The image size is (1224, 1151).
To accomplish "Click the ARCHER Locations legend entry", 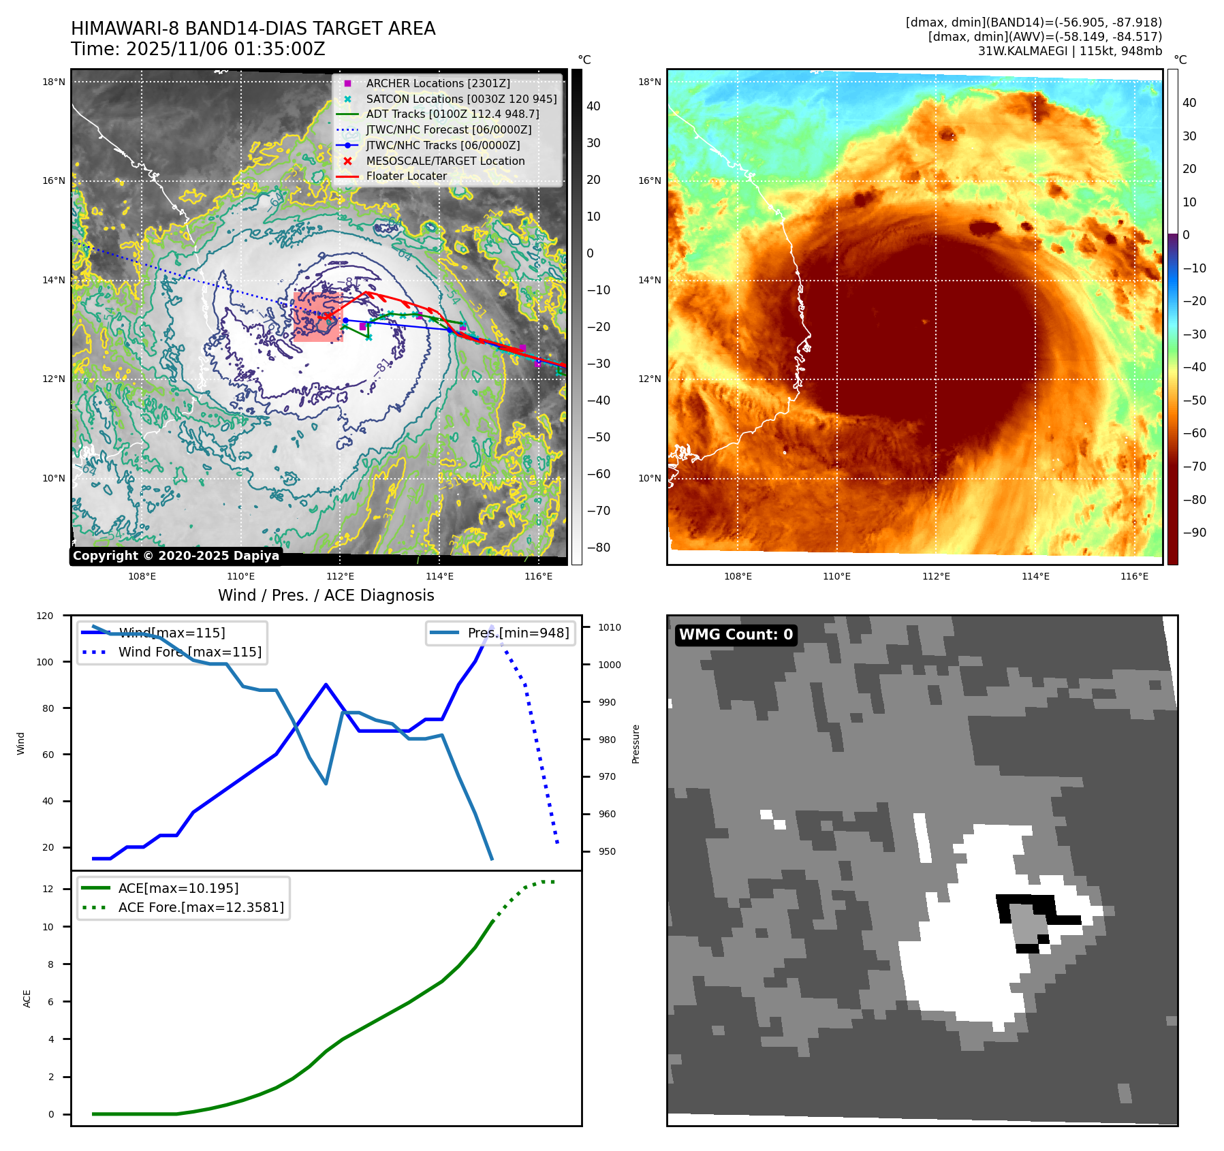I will tap(437, 83).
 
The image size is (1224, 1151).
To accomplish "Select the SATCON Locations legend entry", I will tap(460, 99).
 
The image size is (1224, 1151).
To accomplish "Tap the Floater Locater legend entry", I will tap(406, 176).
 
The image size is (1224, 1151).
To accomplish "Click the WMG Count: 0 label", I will tap(736, 635).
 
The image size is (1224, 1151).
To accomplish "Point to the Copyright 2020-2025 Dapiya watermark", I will tap(176, 556).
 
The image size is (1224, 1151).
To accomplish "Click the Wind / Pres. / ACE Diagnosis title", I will tap(326, 595).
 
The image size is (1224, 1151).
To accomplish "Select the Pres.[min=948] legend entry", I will tap(518, 633).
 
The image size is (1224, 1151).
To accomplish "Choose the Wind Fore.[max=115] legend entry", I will tap(189, 652).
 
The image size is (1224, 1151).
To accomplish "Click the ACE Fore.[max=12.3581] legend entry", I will tap(200, 907).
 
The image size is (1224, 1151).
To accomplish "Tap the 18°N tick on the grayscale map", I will tap(54, 82).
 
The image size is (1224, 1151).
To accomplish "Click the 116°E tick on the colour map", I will tap(1134, 577).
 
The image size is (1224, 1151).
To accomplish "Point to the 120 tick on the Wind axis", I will tap(45, 616).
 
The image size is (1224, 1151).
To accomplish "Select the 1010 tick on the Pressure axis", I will tap(610, 627).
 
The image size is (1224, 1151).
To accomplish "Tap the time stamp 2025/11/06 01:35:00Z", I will tap(225, 49).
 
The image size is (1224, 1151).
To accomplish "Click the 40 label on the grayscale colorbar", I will tap(593, 106).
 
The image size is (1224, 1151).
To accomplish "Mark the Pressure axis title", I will tap(635, 744).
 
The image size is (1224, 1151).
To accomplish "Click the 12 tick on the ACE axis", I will tap(48, 889).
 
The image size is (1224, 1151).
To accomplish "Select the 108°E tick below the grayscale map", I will tap(142, 577).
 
